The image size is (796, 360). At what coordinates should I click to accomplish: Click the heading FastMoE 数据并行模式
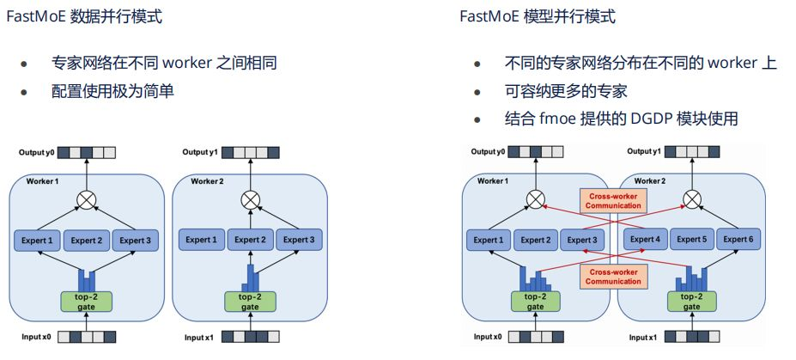pyautogui.click(x=83, y=17)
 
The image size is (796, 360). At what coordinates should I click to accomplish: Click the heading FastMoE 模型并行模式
pyautogui.click(x=538, y=17)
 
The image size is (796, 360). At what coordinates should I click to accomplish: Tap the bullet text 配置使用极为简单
pyautogui.click(x=112, y=91)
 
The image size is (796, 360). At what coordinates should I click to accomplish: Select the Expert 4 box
pyautogui.click(x=646, y=240)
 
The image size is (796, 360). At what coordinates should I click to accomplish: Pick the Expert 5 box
pyautogui.click(x=693, y=240)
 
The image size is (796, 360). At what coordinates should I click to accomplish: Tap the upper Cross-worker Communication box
pyautogui.click(x=613, y=200)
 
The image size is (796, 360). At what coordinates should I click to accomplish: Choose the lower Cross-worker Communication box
pyautogui.click(x=613, y=276)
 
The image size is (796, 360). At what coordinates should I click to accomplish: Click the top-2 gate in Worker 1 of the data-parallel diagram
pyautogui.click(x=86, y=302)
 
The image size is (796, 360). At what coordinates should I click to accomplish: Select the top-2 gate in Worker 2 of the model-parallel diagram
pyautogui.click(x=693, y=302)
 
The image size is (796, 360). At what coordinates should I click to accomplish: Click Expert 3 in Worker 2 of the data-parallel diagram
pyautogui.click(x=298, y=240)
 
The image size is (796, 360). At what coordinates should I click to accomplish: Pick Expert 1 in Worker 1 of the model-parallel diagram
pyautogui.click(x=488, y=240)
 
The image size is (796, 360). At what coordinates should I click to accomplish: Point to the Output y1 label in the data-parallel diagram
pyautogui.click(x=200, y=153)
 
